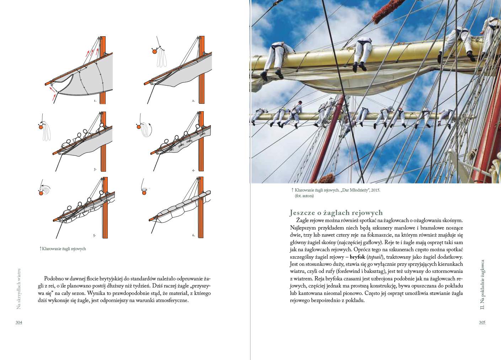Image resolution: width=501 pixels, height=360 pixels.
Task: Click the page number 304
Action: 19,322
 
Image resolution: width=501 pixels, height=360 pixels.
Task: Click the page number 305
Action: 482,322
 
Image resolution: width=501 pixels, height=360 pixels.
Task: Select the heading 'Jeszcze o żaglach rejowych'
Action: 336,213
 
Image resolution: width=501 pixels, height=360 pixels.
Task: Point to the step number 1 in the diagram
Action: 95,101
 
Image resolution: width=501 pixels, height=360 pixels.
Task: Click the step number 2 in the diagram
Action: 193,101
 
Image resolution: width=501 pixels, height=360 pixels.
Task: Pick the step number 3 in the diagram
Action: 95,169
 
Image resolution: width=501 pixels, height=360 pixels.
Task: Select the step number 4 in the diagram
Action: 193,170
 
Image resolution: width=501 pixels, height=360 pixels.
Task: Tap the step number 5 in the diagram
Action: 94,235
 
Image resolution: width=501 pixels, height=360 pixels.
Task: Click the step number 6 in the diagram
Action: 193,235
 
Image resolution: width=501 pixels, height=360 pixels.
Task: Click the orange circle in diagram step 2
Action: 154,51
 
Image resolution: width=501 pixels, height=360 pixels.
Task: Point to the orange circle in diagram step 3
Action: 41,127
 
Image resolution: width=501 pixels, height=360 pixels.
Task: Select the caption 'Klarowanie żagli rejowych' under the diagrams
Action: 64,249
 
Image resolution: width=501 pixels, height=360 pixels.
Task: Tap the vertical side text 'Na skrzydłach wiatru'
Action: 19,289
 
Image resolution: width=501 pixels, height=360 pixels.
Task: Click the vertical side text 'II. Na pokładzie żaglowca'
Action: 482,284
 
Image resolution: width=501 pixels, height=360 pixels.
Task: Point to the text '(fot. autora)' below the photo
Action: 304,195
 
